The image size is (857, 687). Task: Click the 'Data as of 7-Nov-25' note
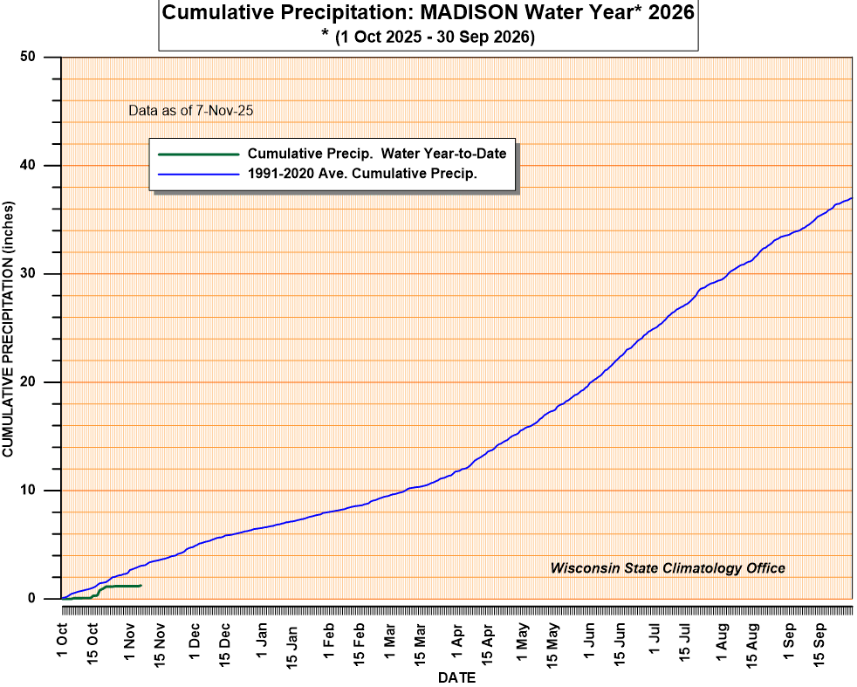(191, 111)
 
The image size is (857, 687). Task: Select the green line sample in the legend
(198, 154)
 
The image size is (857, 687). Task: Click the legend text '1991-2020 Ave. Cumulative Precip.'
(362, 173)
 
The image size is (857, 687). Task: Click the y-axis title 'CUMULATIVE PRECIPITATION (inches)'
(9, 327)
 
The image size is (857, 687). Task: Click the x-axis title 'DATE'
(456, 677)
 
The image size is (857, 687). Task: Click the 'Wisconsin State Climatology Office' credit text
(668, 568)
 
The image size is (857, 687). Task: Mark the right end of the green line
(141, 585)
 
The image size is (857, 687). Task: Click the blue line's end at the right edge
(852, 198)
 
